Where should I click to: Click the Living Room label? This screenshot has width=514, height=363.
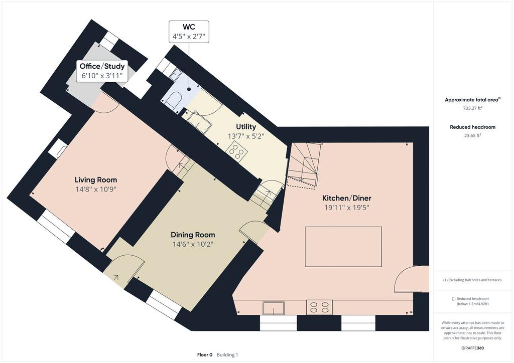(96, 179)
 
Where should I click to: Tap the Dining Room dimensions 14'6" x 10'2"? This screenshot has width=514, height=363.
(193, 244)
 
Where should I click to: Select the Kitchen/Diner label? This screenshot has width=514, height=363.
(347, 198)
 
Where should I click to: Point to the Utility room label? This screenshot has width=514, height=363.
(246, 127)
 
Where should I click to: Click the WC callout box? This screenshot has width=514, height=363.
(189, 32)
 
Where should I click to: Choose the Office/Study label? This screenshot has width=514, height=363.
(102, 66)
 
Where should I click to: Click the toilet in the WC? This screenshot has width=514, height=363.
(174, 99)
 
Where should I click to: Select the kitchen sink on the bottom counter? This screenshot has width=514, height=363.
(274, 308)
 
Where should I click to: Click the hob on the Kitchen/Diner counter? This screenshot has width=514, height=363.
(320, 307)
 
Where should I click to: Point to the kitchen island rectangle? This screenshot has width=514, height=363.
(343, 247)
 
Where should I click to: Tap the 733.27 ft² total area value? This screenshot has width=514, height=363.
(472, 108)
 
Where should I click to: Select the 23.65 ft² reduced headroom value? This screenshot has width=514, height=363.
(472, 135)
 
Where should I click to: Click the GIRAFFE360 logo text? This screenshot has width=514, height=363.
(472, 348)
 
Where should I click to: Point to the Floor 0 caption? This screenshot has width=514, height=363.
(205, 355)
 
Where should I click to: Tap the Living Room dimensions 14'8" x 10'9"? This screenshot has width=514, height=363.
(96, 189)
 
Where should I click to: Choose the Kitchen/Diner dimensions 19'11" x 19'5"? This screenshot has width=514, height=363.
(347, 208)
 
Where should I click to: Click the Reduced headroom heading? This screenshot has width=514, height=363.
(472, 127)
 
